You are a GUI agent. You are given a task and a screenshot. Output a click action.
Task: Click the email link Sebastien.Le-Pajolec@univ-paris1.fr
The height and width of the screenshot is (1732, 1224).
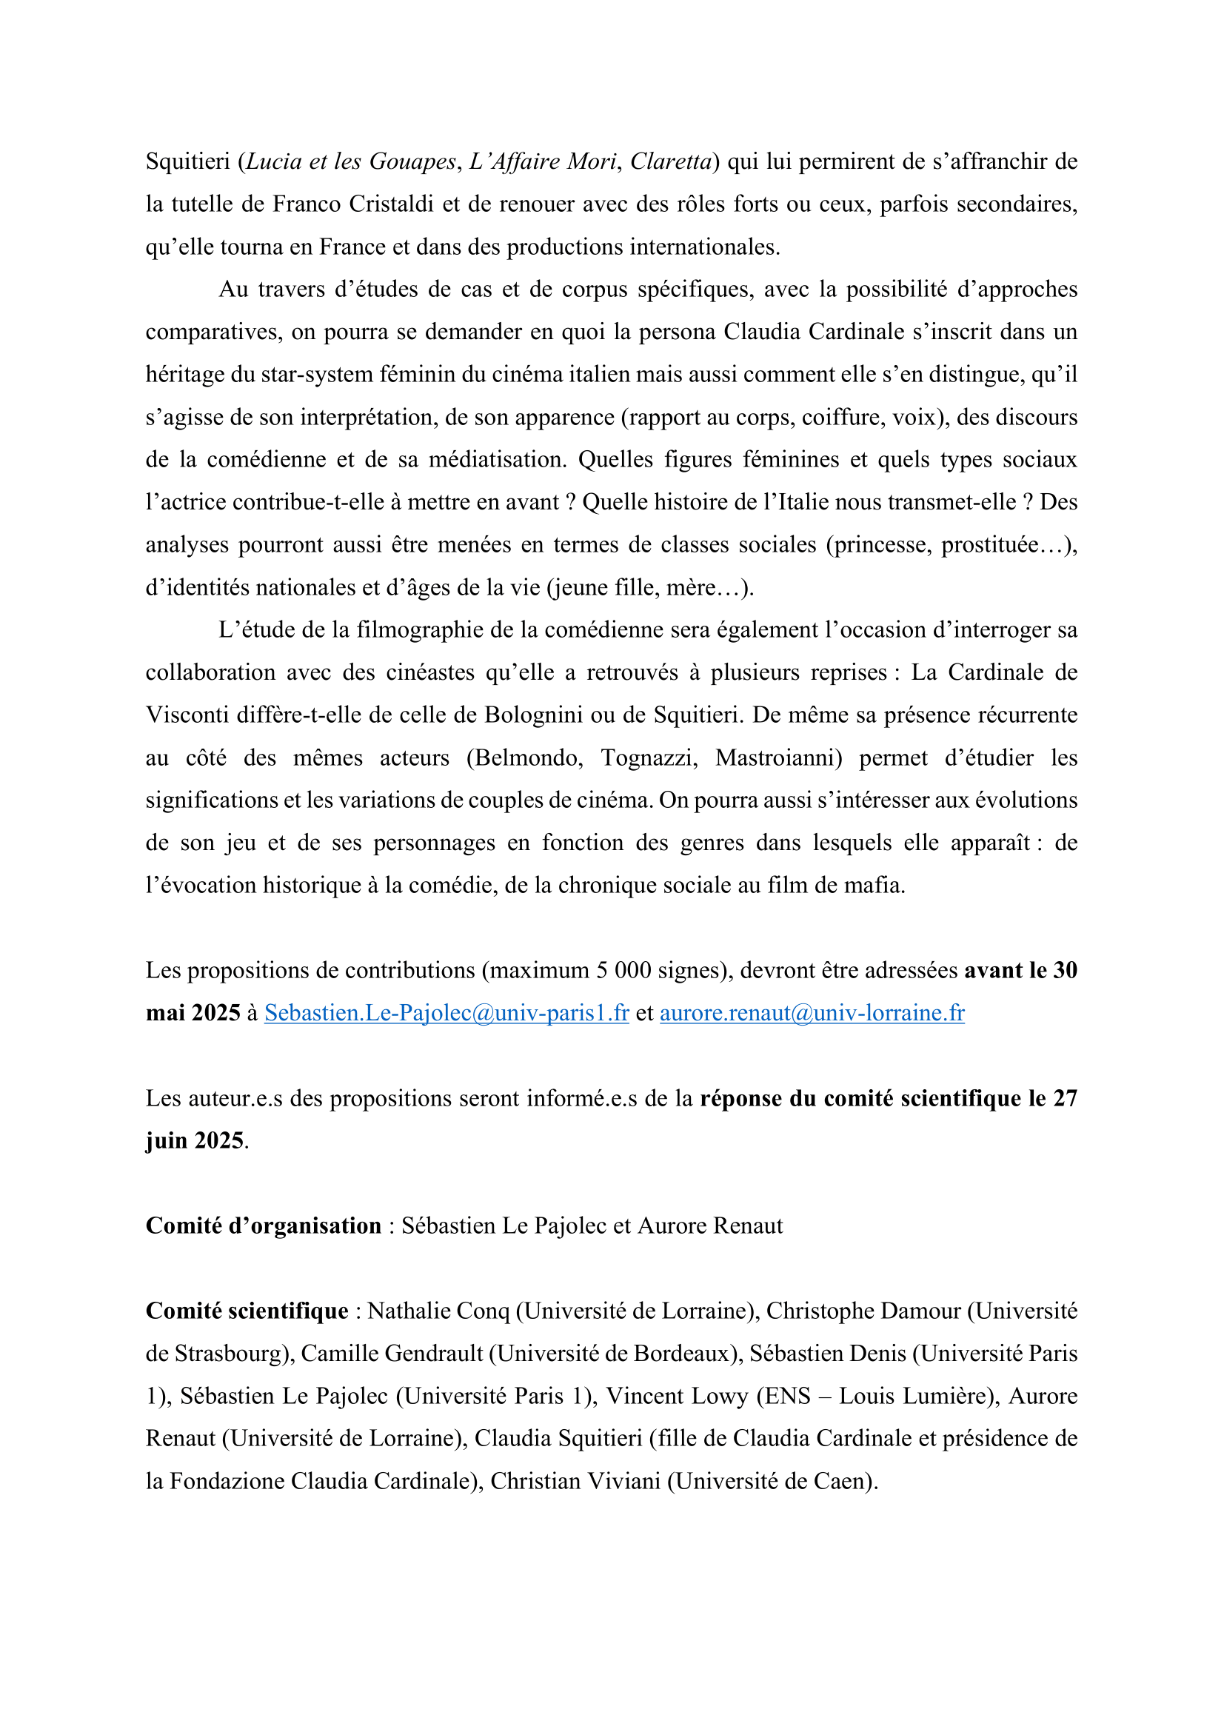point(447,1012)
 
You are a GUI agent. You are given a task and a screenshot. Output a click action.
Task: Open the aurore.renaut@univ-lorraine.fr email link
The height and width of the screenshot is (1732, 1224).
point(812,1012)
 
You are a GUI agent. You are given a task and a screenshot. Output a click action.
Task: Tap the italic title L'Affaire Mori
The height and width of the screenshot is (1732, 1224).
point(543,161)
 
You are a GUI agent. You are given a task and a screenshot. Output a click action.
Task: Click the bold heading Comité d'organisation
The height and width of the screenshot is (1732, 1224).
point(263,1226)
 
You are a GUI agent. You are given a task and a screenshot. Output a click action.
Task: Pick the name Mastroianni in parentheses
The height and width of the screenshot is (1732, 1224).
point(777,758)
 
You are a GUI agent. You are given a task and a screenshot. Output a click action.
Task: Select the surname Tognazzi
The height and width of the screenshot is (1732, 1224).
point(648,758)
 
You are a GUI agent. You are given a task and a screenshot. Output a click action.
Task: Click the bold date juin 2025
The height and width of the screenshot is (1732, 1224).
point(195,1140)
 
